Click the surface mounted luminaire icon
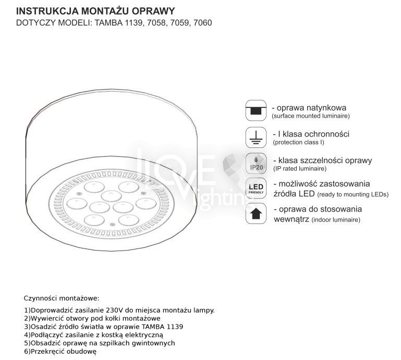pos(256,111)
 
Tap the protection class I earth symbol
pos(256,137)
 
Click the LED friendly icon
pos(256,189)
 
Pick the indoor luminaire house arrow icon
pos(256,214)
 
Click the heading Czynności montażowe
pos(61,299)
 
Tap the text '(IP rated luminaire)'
pos(299,168)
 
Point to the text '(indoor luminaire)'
pos(336,220)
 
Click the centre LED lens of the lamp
pos(110,195)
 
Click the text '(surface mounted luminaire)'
pos(310,116)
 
